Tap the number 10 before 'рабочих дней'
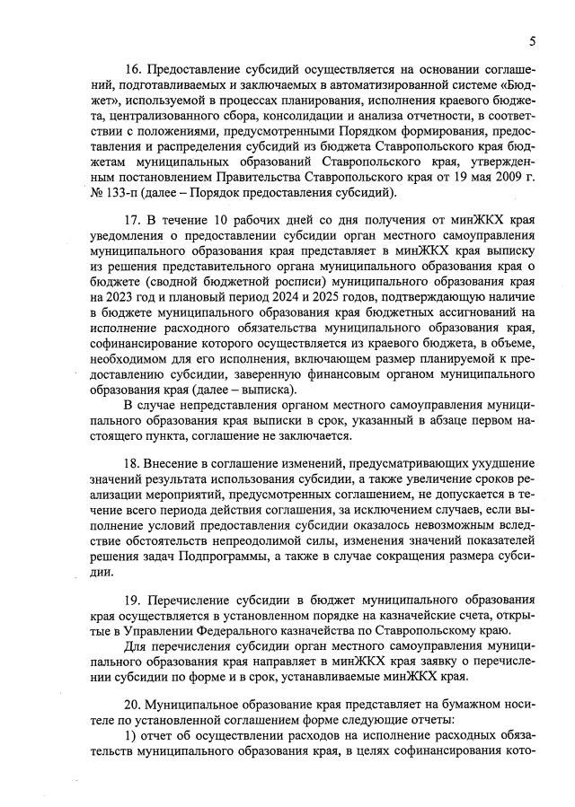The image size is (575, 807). pyautogui.click(x=223, y=221)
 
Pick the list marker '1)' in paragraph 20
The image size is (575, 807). pyautogui.click(x=131, y=737)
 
